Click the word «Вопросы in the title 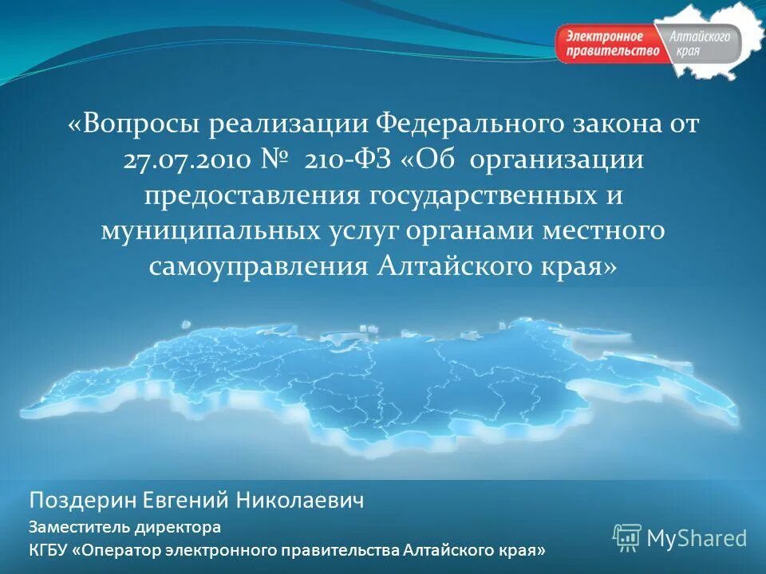(132, 124)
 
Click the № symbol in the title (276, 160)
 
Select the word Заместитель (77, 527)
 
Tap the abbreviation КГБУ (48, 550)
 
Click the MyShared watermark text (696, 539)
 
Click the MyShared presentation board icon (627, 538)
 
